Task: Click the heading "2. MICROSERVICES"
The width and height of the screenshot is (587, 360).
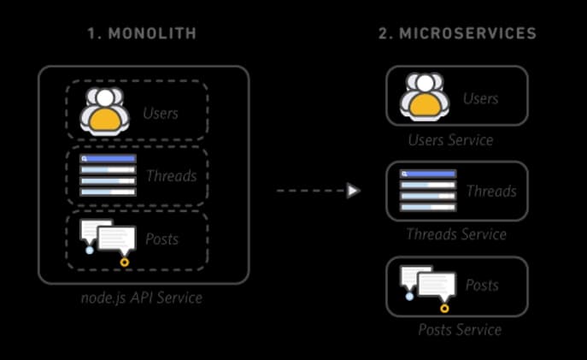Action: point(456,34)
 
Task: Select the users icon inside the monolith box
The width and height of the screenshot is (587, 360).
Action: point(104,109)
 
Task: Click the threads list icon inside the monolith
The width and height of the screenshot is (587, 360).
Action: point(108,175)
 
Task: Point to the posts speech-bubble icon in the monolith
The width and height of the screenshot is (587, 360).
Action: point(108,240)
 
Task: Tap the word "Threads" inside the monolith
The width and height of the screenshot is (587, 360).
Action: point(171,176)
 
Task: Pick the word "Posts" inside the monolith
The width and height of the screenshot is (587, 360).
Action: point(161,239)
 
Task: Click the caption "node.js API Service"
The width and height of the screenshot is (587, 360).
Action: point(142,298)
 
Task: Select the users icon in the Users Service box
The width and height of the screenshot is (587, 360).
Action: point(425,96)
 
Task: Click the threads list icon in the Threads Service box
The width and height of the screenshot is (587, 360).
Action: point(428,191)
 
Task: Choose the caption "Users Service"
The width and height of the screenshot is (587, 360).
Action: point(450,139)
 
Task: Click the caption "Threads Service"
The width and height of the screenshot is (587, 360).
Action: point(455,234)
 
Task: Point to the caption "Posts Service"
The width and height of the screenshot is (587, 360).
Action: point(459,329)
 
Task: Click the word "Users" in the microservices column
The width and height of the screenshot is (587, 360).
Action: point(480,98)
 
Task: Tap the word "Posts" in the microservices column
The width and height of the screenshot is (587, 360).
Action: point(482,285)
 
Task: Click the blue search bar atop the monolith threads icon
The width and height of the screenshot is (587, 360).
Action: point(108,158)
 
